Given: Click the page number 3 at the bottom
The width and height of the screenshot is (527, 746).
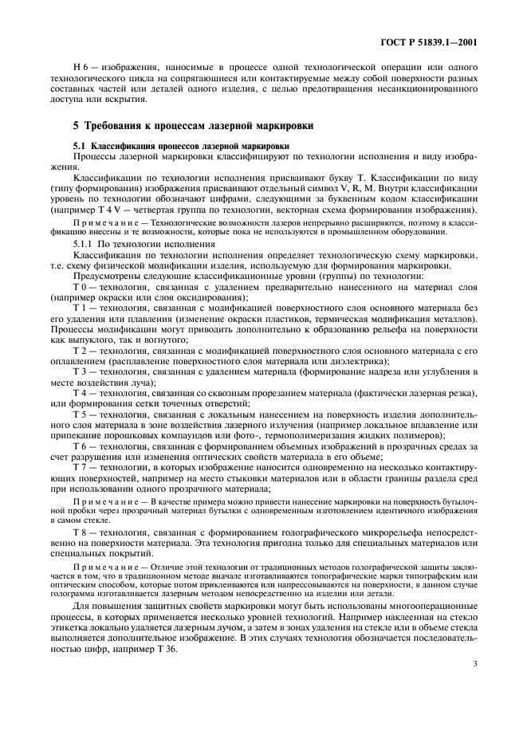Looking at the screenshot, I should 474,685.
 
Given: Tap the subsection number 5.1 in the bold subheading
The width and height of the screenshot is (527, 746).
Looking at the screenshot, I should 80,147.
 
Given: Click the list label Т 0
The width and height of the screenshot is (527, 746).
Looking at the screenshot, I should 78,287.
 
